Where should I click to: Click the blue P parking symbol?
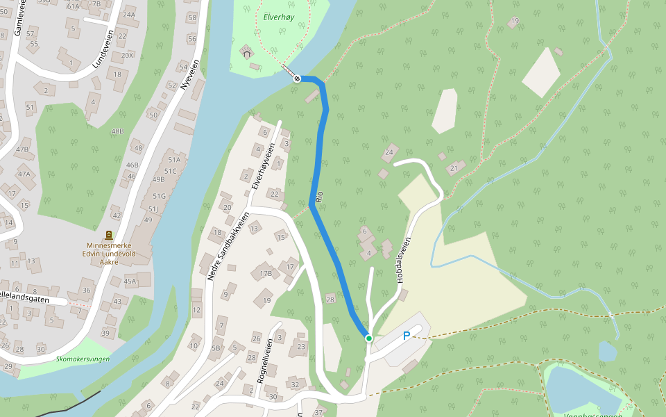407,336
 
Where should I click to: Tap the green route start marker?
369,338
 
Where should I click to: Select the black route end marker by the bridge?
297,79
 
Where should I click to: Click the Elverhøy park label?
280,18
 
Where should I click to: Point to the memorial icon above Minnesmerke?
109,235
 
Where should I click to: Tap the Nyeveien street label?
189,74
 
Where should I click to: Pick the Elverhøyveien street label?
263,167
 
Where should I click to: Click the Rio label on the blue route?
319,197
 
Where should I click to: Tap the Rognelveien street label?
263,363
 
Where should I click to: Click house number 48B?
117,131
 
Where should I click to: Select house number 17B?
266,273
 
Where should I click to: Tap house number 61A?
74,6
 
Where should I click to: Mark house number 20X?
127,55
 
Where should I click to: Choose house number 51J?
154,208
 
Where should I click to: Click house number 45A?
130,281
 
